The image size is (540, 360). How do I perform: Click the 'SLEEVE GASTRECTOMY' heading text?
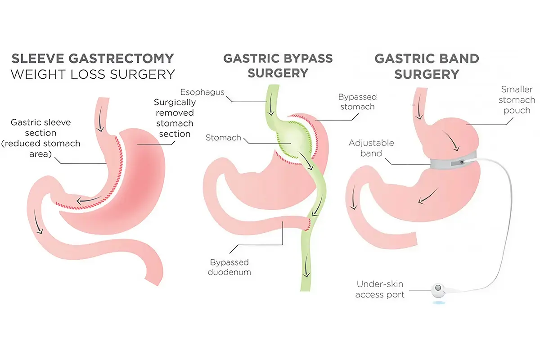click(x=92, y=58)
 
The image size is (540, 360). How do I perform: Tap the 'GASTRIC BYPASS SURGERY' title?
click(x=278, y=65)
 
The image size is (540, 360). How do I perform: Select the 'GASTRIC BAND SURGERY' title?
click(x=427, y=66)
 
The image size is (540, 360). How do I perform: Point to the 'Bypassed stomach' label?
click(x=358, y=102)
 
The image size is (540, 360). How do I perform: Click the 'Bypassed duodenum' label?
click(x=229, y=267)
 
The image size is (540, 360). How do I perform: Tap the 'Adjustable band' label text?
click(x=371, y=148)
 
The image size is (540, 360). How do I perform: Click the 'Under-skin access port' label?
click(x=380, y=289)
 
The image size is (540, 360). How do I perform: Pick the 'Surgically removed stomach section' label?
click(x=174, y=118)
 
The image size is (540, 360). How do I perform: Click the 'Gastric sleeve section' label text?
click(x=41, y=138)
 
